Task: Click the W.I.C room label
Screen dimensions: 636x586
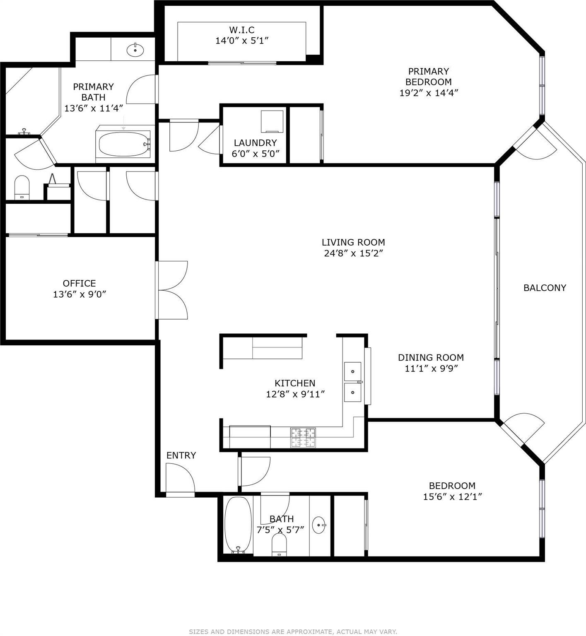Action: coord(242,30)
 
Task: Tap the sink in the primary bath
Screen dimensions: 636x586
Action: coord(135,50)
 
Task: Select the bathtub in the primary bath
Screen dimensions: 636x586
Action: coord(125,144)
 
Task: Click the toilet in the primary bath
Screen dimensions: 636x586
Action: coord(22,187)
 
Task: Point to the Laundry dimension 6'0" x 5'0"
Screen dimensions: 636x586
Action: coord(256,154)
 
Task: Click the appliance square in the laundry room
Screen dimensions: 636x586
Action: coord(272,121)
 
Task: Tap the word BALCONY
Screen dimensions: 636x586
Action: coord(545,288)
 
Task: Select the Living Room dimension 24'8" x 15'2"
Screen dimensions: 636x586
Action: coord(353,253)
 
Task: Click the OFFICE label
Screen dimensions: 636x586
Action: coord(79,283)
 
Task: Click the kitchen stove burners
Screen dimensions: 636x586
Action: coord(303,438)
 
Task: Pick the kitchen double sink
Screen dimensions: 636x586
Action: coord(352,382)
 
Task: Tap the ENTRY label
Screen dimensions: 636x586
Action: coord(181,455)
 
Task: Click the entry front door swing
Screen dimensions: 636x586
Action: coord(180,478)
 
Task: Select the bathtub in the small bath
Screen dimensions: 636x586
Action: coord(238,525)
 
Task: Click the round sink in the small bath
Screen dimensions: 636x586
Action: coord(319,525)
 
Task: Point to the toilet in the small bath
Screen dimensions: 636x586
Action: coord(280,545)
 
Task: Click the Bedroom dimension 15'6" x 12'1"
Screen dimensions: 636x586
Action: coord(452,496)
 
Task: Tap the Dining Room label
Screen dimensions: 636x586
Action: coord(431,357)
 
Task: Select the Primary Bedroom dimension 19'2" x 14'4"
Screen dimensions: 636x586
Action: coord(428,93)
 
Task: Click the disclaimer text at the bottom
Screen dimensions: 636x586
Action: coord(293,631)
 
